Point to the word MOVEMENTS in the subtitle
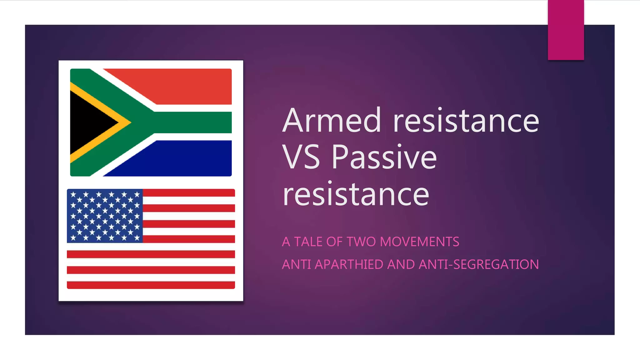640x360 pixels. (419, 242)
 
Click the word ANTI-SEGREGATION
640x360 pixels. (479, 265)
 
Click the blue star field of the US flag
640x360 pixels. (105, 216)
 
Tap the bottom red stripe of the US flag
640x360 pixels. (151, 285)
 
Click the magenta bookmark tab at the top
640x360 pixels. (566, 30)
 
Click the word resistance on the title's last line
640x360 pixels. (356, 194)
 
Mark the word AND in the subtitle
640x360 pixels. (401, 265)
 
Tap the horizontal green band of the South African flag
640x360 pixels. (194, 122)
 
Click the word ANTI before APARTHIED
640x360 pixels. (297, 265)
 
